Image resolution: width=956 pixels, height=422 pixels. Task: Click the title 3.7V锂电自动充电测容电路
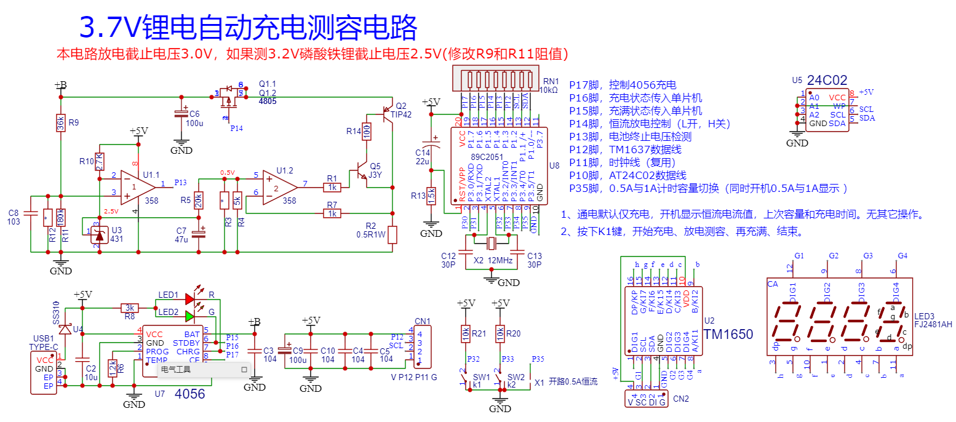(249, 28)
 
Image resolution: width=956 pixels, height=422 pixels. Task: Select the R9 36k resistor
(61, 123)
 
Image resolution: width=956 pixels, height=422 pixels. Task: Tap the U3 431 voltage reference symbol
(98, 234)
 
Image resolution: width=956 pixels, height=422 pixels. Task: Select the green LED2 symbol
(189, 316)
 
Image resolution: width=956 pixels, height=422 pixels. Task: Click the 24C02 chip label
(827, 80)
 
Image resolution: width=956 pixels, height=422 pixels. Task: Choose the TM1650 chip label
(728, 335)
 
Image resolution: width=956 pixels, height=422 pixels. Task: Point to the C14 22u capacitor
(436, 148)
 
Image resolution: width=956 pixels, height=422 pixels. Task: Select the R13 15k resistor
(431, 196)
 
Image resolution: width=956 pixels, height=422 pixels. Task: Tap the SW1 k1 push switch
(466, 379)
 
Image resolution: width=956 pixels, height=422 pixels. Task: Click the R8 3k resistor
(129, 307)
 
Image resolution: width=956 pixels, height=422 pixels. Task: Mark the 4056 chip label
(190, 394)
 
